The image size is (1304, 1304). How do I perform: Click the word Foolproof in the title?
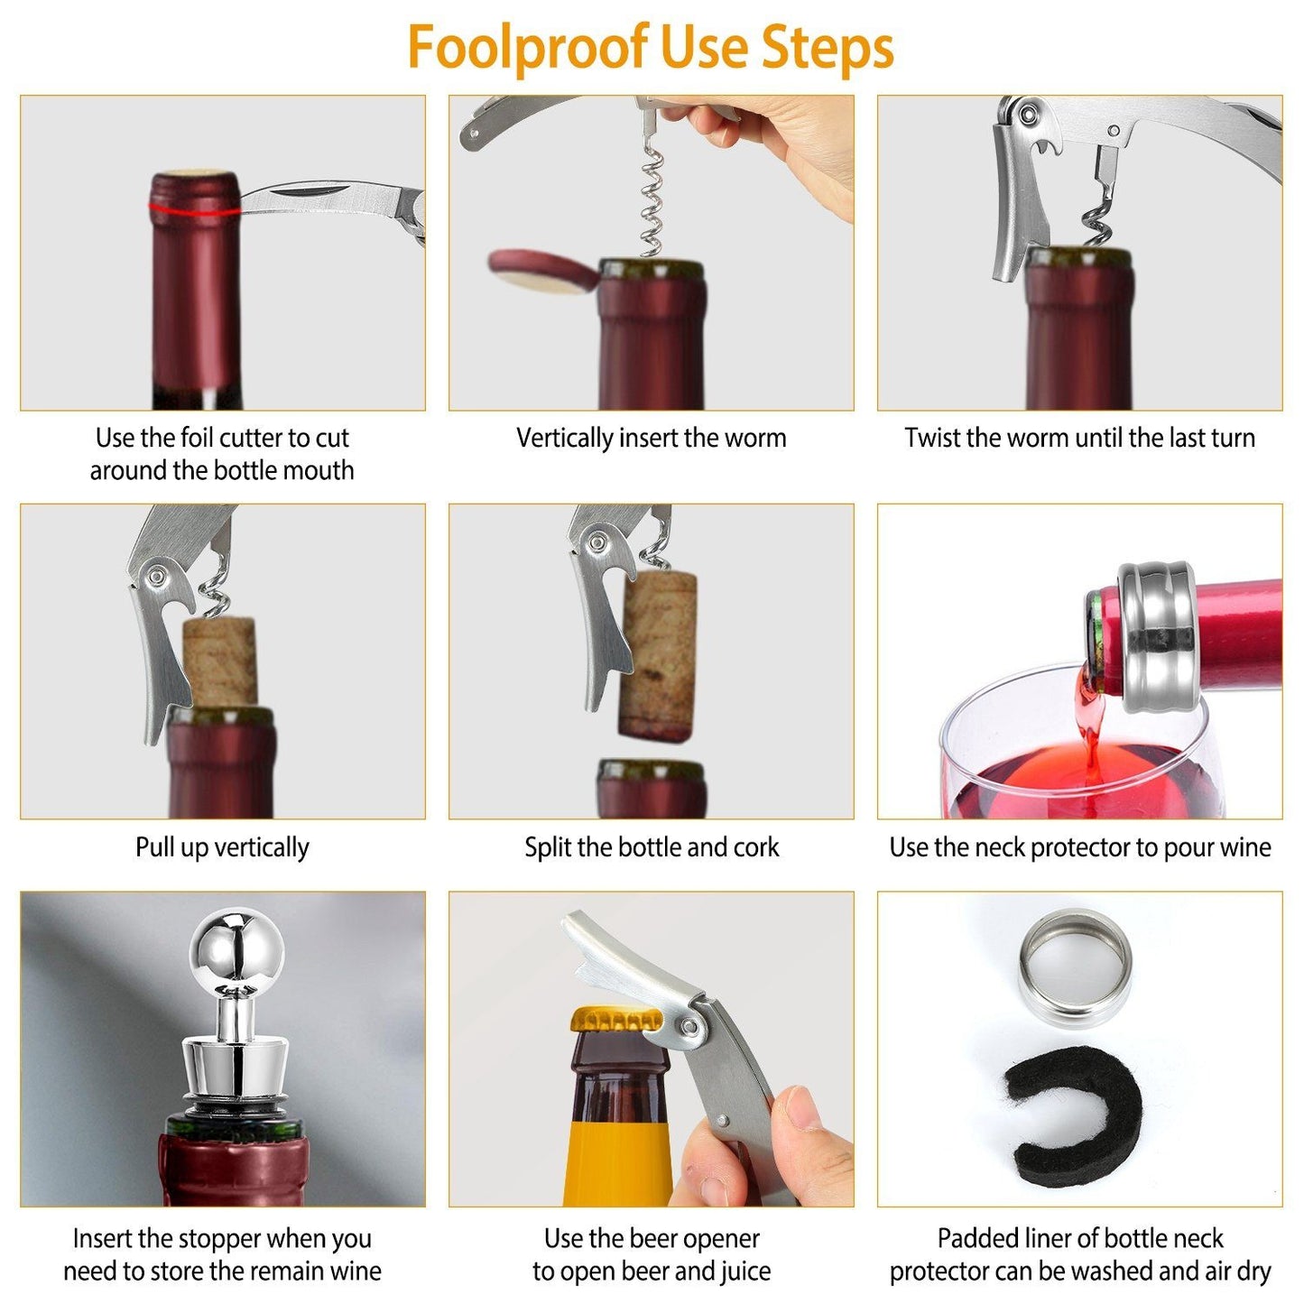click(528, 47)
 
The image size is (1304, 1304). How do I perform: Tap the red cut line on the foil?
click(194, 211)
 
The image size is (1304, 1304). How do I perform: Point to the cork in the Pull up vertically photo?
click(220, 662)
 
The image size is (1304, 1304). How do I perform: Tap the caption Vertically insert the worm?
click(651, 439)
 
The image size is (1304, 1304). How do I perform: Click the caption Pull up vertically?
click(222, 847)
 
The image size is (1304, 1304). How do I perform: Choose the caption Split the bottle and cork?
click(651, 847)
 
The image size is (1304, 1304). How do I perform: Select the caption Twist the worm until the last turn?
click(1079, 439)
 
